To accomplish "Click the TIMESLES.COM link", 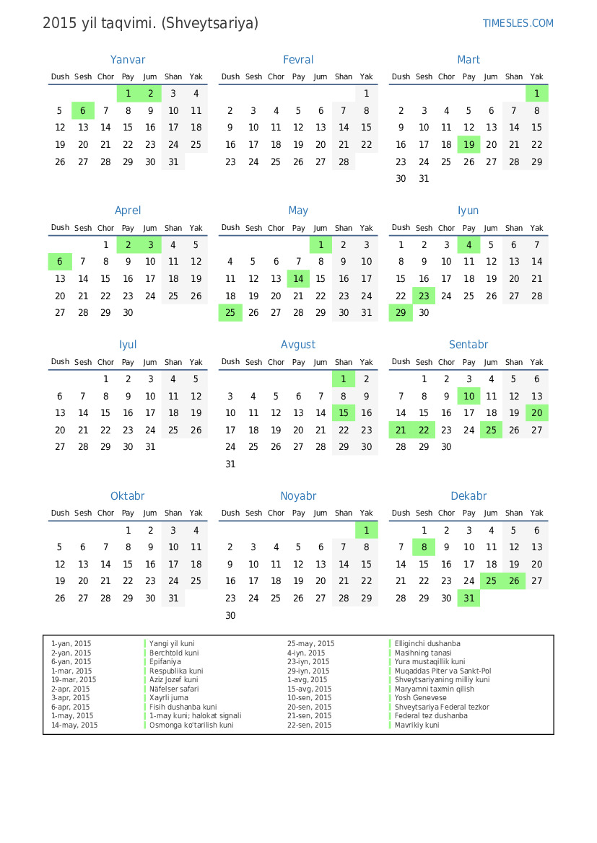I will (518, 23).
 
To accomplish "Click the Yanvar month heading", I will (128, 60).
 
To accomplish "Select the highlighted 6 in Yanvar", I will (83, 110).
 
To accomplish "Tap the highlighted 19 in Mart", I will (469, 144).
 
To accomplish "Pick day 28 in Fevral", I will (344, 162).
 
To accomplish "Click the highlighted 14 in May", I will (298, 278).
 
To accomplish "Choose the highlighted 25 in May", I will (230, 312).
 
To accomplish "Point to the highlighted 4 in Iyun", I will (469, 244).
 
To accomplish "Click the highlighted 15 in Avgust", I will (344, 412).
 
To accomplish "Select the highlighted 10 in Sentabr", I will (469, 396).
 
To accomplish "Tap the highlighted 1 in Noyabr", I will (367, 530).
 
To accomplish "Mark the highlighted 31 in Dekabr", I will (469, 598).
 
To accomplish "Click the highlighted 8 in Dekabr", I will (424, 547).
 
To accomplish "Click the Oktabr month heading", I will (128, 496).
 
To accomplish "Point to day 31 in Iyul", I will (150, 446).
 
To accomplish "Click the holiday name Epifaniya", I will (165, 661).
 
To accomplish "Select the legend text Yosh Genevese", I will (419, 698).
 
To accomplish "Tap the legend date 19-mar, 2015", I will (74, 680).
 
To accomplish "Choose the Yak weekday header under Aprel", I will (196, 228).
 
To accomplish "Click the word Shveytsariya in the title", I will (210, 23).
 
